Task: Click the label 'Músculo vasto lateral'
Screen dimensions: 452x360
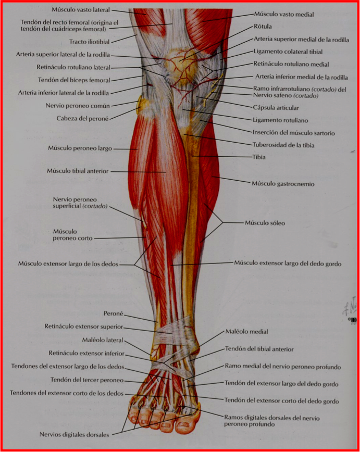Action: click(x=80, y=9)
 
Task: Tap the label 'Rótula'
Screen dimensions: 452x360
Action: click(x=263, y=26)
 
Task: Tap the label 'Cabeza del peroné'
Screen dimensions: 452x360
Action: click(x=82, y=118)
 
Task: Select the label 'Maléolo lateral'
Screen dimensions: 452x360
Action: click(x=103, y=340)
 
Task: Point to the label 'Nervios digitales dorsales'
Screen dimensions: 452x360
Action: click(x=75, y=434)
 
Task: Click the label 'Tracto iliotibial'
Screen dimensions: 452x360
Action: click(x=90, y=42)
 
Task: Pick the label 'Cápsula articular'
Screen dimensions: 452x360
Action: click(x=276, y=108)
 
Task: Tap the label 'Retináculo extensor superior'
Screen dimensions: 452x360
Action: click(x=83, y=327)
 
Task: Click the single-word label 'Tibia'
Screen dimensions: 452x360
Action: click(x=259, y=157)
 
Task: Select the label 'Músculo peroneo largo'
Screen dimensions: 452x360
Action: click(x=80, y=148)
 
